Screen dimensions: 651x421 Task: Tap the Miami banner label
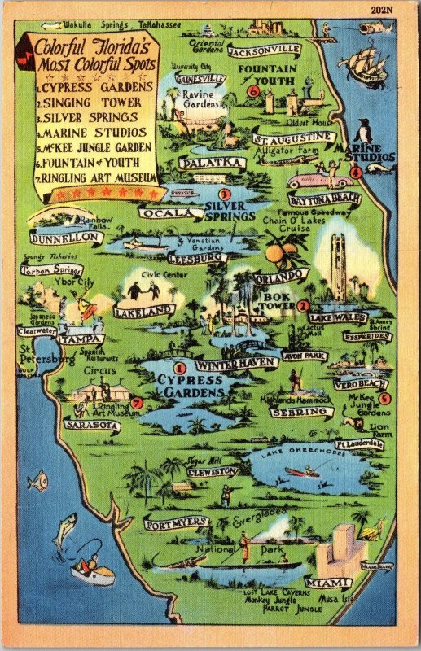[328, 583]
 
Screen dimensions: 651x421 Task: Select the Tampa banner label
[81, 339]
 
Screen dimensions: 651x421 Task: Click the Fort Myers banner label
[177, 522]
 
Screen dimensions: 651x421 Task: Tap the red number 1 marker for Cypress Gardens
[180, 369]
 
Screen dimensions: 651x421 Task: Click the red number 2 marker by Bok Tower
[303, 305]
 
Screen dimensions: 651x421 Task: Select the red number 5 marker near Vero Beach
[384, 398]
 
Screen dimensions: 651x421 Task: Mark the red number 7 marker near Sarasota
[136, 403]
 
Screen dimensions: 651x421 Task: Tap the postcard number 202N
[404, 10]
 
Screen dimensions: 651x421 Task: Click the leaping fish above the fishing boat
[65, 528]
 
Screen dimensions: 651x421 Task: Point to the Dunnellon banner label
[66, 238]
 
